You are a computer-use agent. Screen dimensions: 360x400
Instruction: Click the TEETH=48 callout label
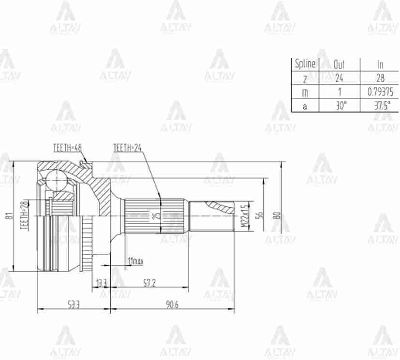click(x=67, y=147)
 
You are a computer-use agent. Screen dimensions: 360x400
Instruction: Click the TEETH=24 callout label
click(x=127, y=147)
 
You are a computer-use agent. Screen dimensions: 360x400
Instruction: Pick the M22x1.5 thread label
click(x=244, y=216)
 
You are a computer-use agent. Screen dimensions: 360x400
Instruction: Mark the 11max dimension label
click(x=135, y=261)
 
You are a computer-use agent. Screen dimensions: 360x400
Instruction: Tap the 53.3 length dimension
click(x=74, y=304)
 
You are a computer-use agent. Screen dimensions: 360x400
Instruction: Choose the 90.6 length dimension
click(x=172, y=304)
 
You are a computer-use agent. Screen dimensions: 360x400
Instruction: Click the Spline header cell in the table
click(x=305, y=64)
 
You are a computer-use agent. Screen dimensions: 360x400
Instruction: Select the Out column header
click(x=340, y=64)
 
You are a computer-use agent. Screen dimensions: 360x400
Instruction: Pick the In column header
click(x=380, y=64)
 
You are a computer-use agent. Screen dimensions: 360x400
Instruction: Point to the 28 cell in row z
click(x=380, y=78)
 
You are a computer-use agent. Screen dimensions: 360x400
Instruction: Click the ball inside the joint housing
click(x=57, y=181)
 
